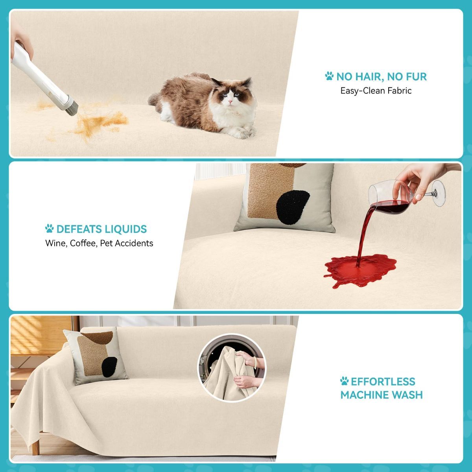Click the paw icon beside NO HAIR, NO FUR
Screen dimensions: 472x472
[329, 76]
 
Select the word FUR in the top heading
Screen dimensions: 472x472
[416, 77]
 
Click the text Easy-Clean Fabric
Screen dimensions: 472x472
[376, 91]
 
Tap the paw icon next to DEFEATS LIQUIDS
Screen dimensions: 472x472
[50, 228]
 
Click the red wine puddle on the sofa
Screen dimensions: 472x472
[360, 270]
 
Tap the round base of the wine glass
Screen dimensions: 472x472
[439, 193]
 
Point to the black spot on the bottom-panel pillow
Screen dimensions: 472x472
[109, 367]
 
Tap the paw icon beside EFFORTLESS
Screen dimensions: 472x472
[345, 381]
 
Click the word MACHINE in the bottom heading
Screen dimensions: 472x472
[363, 395]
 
